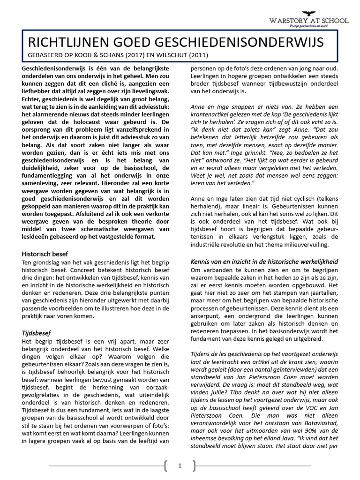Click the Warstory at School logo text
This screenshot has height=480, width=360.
click(308, 20)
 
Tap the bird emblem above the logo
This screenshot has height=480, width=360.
click(308, 13)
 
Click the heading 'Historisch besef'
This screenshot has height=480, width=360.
click(45, 254)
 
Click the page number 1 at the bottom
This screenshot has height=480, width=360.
click(180, 465)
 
